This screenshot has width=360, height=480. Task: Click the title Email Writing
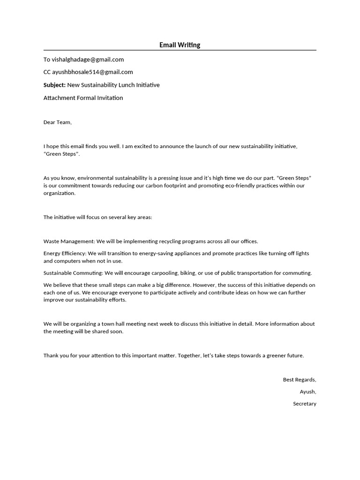coord(180,45)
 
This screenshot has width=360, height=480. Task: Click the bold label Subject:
coord(54,85)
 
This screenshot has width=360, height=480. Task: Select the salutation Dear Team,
coord(58,122)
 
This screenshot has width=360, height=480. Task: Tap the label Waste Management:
coord(69,241)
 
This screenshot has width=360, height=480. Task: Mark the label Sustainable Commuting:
coord(73,273)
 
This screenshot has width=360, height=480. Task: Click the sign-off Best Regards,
coord(300,380)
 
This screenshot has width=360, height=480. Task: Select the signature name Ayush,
coord(308,392)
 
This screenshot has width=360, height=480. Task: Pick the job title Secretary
coord(305,404)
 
